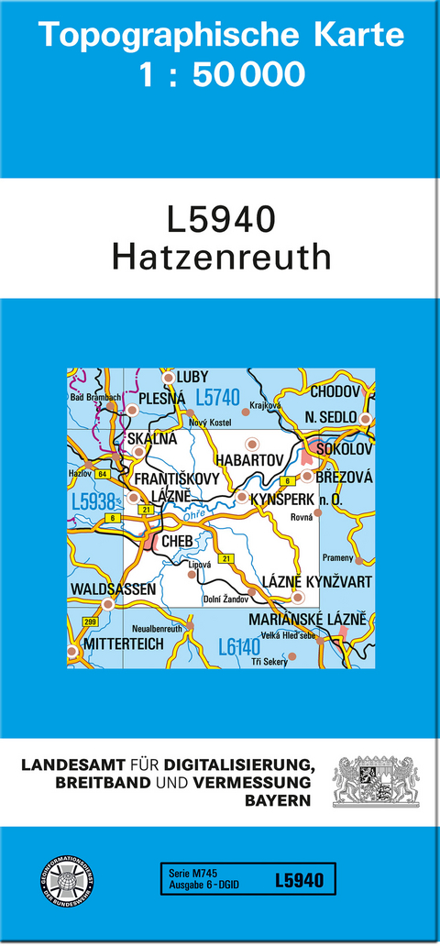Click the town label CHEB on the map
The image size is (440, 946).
[x=176, y=542]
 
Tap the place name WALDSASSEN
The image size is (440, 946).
[x=113, y=588]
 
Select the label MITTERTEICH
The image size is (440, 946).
[x=124, y=644]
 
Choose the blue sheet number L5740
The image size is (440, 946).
[x=218, y=398]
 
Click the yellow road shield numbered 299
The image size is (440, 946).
[x=90, y=621]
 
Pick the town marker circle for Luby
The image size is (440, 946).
[x=168, y=377]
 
